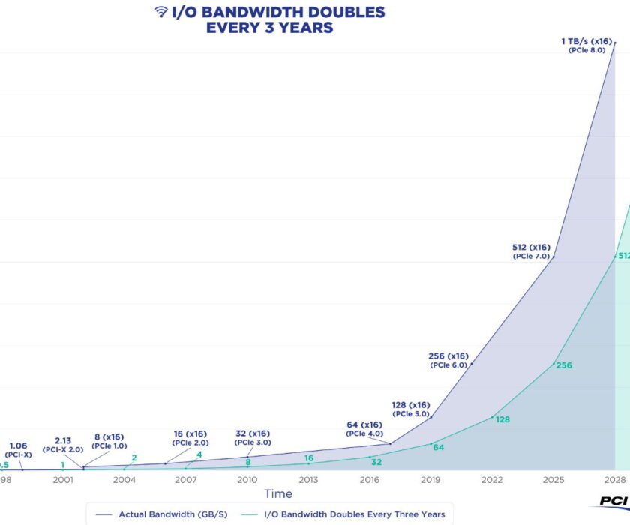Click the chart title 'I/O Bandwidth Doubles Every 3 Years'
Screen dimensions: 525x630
(269, 19)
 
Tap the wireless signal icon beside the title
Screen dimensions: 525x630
(160, 11)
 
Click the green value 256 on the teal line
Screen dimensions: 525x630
(564, 365)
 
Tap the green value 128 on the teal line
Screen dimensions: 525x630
(502, 419)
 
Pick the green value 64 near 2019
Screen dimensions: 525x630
(438, 447)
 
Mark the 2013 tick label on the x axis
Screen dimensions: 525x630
(308, 478)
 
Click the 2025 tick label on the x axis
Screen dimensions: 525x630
(553, 478)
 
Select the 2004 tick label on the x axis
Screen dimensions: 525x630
(124, 478)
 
